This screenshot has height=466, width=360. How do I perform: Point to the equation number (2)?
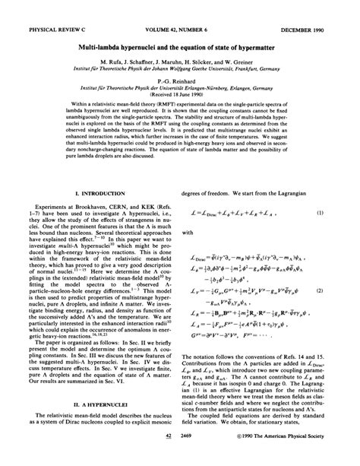(x=341, y=290)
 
